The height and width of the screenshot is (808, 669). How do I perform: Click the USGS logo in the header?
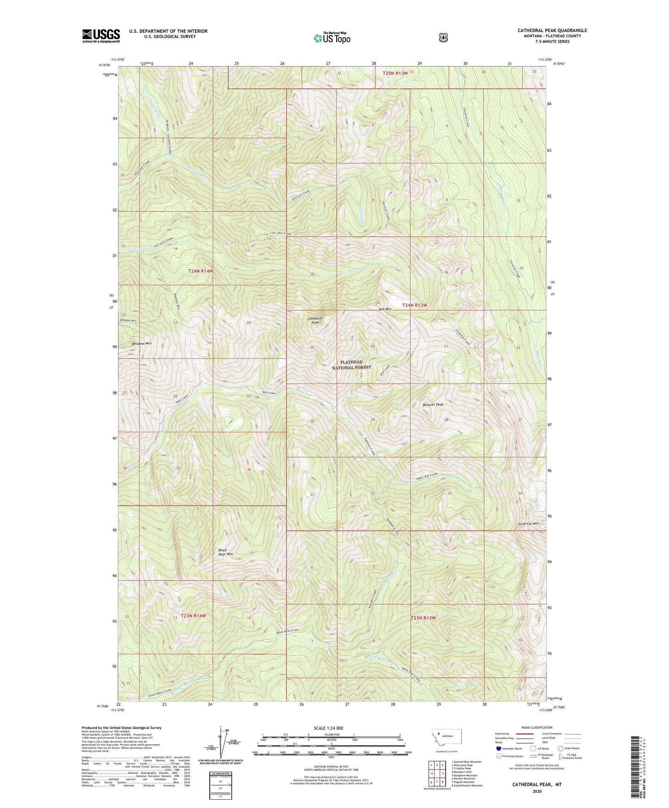(101, 36)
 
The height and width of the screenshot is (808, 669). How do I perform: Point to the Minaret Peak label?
(433, 404)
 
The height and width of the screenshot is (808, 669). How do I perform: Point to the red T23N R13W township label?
(424, 618)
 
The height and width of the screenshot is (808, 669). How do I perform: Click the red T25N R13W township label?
(395, 73)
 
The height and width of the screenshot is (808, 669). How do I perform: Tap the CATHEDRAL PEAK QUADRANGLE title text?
(552, 31)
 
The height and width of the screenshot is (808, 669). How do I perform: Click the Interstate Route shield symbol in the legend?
(498, 748)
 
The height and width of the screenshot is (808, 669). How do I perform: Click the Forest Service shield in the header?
(443, 37)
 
